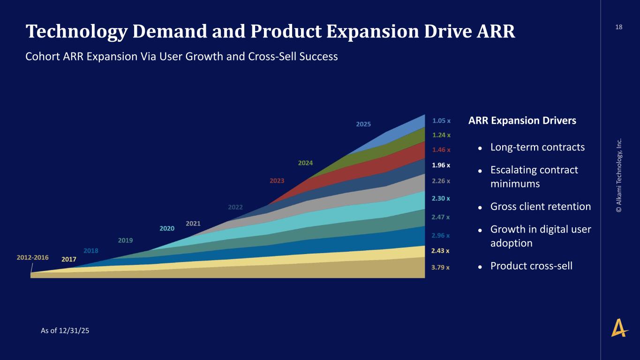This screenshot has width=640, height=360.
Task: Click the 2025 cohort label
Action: click(363, 124)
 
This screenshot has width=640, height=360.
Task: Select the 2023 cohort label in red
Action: click(277, 180)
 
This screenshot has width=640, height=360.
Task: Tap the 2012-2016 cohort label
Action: click(33, 257)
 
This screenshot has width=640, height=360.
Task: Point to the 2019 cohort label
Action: click(125, 240)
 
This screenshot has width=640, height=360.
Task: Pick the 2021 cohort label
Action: click(193, 223)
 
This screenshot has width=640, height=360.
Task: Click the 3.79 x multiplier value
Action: click(440, 268)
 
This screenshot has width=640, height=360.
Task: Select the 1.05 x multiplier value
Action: click(441, 120)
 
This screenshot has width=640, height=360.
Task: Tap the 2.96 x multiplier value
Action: click(441, 235)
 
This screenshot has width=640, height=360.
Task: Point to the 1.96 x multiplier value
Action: click(441, 165)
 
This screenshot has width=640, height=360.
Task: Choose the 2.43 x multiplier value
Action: click(440, 251)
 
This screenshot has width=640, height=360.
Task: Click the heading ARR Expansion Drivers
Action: click(522, 120)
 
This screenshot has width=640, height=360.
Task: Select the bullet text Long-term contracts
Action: click(537, 147)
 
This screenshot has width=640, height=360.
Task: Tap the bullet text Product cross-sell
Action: click(531, 266)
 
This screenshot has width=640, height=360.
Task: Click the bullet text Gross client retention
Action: click(540, 206)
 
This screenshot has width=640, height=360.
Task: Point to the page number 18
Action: click(619, 27)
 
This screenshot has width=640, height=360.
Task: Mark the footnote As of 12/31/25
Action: click(65, 330)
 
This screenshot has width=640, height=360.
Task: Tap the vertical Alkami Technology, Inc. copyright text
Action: click(619, 175)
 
